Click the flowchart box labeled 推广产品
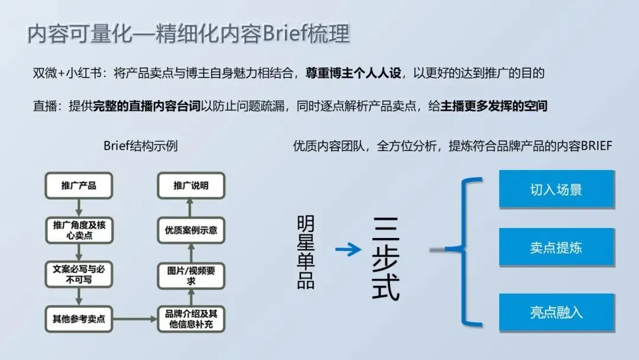point(78,186)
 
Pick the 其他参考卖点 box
point(78,319)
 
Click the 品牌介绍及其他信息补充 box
point(191,319)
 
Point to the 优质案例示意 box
point(191,230)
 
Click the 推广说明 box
point(191,186)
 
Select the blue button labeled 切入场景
point(556,189)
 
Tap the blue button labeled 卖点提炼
point(556,247)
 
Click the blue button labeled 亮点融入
point(556,312)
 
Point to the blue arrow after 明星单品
point(348,250)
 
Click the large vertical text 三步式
point(386,258)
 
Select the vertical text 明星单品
point(306,252)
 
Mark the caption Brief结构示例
point(140,146)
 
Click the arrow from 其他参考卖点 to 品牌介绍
point(135,319)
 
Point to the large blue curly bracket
point(464,251)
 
